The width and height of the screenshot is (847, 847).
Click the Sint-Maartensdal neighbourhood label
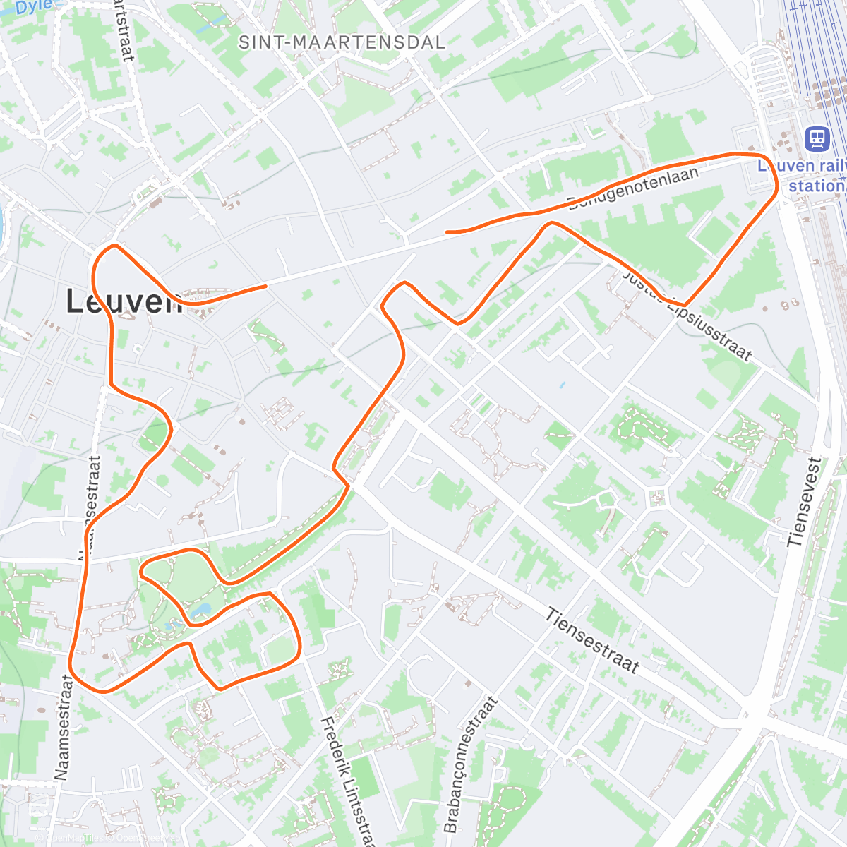click(342, 42)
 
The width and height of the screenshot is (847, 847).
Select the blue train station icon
click(817, 138)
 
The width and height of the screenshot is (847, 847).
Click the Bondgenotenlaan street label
click(633, 188)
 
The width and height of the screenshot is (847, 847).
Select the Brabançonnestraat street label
click(470, 764)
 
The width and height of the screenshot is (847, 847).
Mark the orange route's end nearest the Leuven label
click(265, 286)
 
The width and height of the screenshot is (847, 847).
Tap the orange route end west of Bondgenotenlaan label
click(447, 232)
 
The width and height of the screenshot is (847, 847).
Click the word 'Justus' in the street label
click(642, 286)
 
